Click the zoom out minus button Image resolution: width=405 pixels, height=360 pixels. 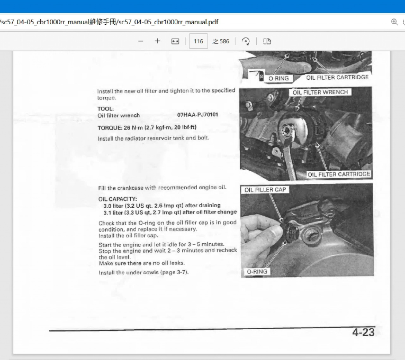(141, 41)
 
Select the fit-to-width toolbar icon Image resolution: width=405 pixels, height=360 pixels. (175, 41)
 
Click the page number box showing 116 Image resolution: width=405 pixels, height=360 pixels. (198, 41)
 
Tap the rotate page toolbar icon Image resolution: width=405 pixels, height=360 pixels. (246, 41)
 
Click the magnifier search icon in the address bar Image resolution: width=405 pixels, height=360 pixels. (394, 22)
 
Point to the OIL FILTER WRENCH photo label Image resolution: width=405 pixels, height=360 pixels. (320, 92)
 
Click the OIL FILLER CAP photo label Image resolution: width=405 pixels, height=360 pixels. (265, 190)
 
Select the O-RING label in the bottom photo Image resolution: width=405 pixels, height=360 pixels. (257, 272)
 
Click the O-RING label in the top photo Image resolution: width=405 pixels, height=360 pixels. (278, 78)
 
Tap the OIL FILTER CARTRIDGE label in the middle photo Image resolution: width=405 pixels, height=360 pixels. (339, 174)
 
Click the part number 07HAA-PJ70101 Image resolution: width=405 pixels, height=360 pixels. (197, 115)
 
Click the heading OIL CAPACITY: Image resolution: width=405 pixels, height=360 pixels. (117, 199)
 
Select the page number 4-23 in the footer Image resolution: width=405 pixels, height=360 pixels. (363, 333)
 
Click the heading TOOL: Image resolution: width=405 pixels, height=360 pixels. (105, 109)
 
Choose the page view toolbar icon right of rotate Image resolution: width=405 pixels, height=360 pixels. (267, 41)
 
